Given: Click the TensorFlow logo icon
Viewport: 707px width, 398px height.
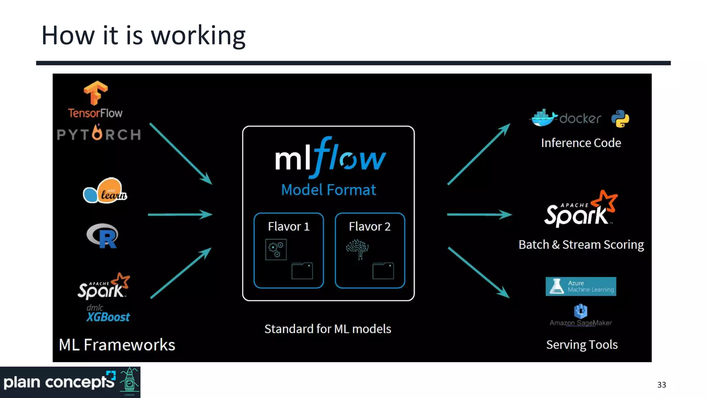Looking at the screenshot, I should click(x=96, y=93).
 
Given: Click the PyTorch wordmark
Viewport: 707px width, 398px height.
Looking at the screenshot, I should click(x=99, y=134).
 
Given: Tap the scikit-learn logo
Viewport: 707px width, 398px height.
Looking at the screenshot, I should click(x=105, y=191).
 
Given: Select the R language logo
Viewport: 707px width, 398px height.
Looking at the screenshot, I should click(x=103, y=236).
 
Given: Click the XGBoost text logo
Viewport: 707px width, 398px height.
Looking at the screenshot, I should click(x=108, y=317).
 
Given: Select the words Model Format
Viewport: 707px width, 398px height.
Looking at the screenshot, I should click(x=328, y=190).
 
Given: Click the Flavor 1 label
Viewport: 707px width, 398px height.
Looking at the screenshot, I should click(x=289, y=226).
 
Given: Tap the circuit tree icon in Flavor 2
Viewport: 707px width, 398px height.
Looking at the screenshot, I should click(x=357, y=249).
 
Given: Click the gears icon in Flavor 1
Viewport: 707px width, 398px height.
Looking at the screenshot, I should click(x=276, y=249).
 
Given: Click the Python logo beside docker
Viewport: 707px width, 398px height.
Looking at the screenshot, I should click(x=620, y=119).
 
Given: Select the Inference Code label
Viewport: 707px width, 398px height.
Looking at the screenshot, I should click(x=581, y=143).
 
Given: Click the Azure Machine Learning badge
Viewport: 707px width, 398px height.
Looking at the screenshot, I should click(x=581, y=286).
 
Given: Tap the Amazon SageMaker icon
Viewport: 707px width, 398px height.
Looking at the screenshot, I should click(x=581, y=311).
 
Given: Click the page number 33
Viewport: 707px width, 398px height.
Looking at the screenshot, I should click(x=661, y=385).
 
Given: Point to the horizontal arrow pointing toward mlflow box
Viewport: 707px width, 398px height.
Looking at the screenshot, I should click(x=180, y=215).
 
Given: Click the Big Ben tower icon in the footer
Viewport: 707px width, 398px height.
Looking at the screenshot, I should click(x=129, y=381).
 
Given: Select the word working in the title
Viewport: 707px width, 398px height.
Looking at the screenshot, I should click(x=198, y=36).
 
